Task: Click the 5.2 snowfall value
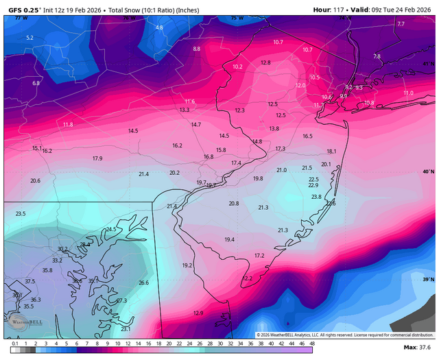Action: tap(29, 38)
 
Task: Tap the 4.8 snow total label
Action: tap(160, 27)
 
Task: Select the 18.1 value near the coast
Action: tap(331, 151)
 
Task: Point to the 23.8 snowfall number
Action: tap(316, 197)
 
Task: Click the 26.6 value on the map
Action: tap(143, 283)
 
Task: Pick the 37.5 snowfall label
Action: tap(29, 281)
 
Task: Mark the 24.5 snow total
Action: tap(111, 229)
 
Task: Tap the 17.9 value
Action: tap(97, 158)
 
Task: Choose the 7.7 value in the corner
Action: tap(401, 24)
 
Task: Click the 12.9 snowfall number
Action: tap(198, 313)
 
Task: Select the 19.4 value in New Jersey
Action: tap(229, 239)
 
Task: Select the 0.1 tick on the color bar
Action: tap(15, 343)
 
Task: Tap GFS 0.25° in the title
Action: tap(24, 10)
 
